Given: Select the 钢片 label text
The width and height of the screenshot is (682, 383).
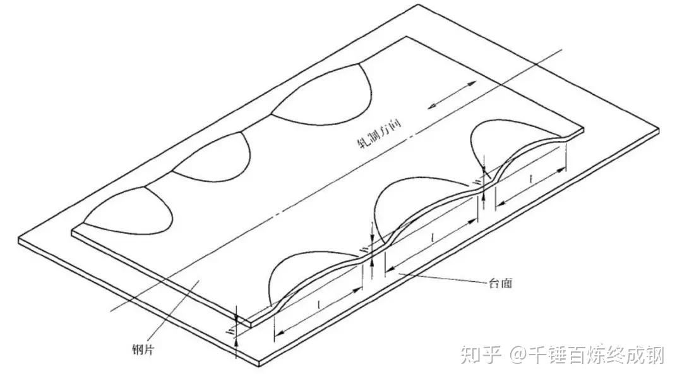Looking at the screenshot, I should [x=140, y=348].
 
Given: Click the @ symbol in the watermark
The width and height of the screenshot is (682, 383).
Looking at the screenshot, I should [x=518, y=355].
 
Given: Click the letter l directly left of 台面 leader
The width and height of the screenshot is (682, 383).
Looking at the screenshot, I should [x=431, y=238].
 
